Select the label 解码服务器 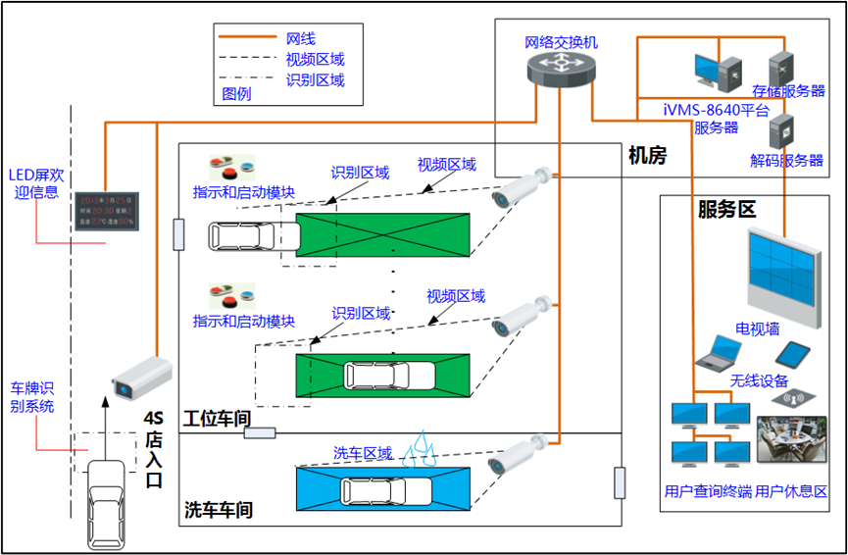coord(787,161)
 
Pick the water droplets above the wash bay coord(422,446)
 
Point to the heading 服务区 coord(726,209)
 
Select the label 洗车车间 coord(219,510)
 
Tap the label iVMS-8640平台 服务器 coord(717,118)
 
